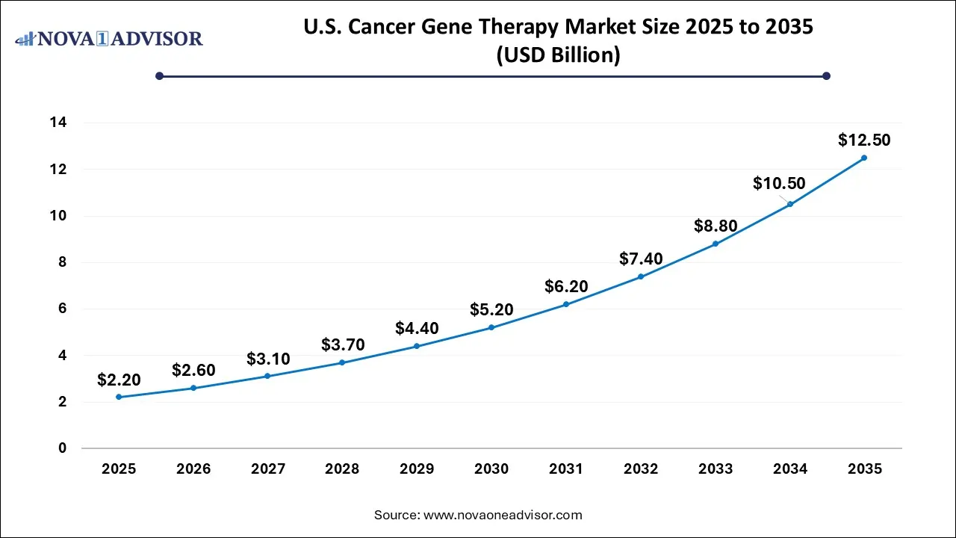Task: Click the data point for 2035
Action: [x=864, y=158]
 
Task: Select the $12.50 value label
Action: [x=864, y=140]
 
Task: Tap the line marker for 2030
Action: [x=491, y=327]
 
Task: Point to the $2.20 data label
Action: [x=119, y=380]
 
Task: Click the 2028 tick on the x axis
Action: [x=342, y=469]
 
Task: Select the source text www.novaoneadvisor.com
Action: [x=503, y=515]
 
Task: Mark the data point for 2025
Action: [x=119, y=397]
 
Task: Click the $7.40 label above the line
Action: [x=641, y=259]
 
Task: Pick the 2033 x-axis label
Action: [x=716, y=469]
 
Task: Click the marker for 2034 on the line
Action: [x=790, y=204]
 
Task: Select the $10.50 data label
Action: [x=779, y=183]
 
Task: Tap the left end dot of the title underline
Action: [x=159, y=75]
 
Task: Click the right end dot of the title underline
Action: [x=826, y=75]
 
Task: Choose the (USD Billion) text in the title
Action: [x=558, y=55]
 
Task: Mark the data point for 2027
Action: [x=267, y=376]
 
